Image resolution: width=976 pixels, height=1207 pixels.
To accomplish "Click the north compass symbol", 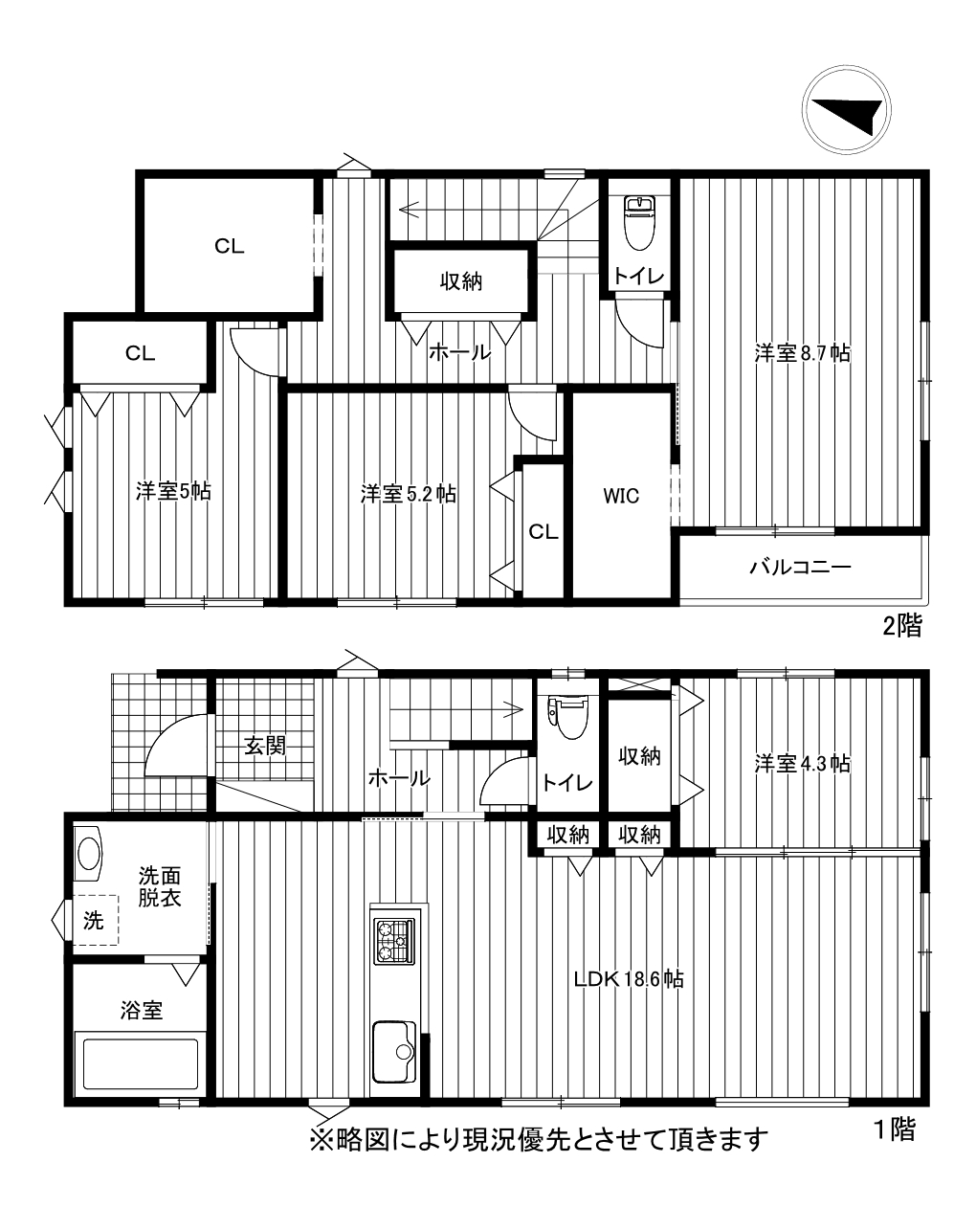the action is coord(846,109).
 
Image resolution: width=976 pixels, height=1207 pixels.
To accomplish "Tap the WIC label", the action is coord(621,496).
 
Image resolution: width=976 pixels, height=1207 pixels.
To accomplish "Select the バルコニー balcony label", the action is coord(800,567).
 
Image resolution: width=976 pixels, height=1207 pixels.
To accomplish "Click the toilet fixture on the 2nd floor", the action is coord(639,223).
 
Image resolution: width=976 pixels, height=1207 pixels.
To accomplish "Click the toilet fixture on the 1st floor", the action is coord(568,718).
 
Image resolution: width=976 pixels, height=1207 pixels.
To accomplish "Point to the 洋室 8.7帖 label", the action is coord(802,353).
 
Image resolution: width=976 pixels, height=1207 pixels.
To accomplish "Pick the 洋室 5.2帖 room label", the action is coord(409,494).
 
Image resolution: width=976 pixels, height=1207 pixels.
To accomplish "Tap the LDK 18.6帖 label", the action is coord(629,978).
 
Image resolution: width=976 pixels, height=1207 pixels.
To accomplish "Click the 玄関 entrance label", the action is coord(265,746).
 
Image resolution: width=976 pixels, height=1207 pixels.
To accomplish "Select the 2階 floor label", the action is coord(902,626).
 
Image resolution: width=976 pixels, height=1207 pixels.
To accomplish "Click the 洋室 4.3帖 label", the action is coord(802,764).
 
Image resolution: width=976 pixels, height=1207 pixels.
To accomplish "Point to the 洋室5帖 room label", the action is coord(173,491).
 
